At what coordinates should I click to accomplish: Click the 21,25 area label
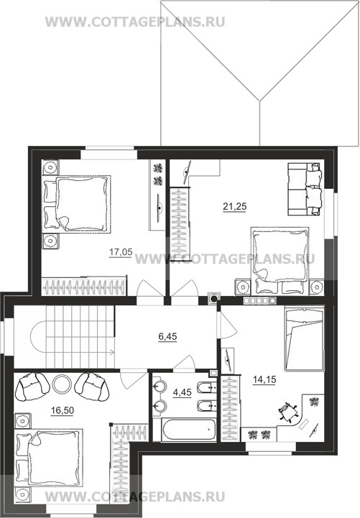point(234,206)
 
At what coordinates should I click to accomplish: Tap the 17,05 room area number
point(121,252)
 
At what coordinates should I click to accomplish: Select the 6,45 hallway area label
point(167,337)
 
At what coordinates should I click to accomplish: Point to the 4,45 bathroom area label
point(182,392)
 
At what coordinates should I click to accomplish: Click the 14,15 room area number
point(264,380)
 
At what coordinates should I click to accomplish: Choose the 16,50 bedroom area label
point(63,410)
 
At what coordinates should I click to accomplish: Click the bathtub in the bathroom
point(189,430)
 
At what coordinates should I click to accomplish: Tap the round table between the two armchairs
point(62,384)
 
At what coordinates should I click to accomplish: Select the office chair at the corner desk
point(287,412)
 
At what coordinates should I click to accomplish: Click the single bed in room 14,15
point(303,339)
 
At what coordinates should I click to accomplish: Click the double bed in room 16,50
point(49,458)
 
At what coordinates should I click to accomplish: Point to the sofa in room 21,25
point(304,189)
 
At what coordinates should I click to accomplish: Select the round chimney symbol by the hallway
point(213,298)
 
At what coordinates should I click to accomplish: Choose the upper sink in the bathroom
point(160,386)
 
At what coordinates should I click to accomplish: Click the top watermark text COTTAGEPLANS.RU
point(135,22)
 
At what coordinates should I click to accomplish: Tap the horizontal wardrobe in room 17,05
point(84,287)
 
